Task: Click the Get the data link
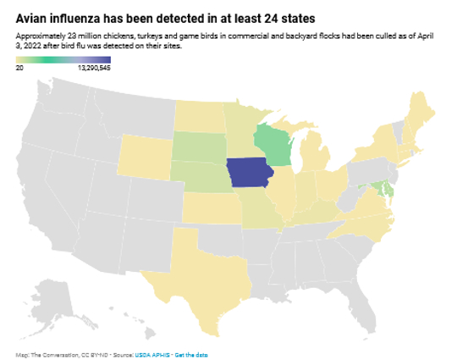[x=190, y=353]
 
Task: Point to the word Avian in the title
[x=33, y=18]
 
